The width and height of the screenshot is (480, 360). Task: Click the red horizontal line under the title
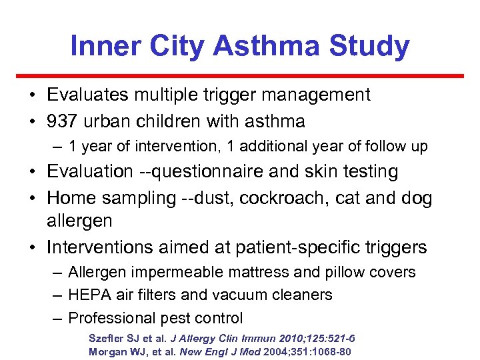240,76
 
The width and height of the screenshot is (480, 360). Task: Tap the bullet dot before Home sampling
33,199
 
